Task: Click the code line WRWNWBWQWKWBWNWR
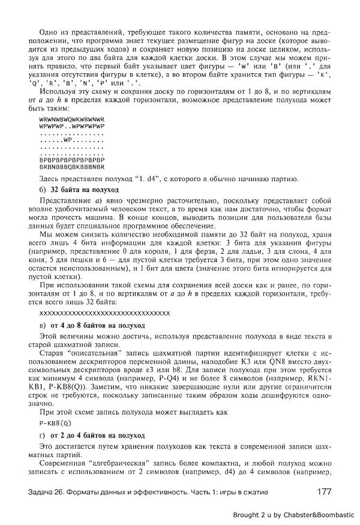71,120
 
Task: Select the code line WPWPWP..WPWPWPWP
71,127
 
